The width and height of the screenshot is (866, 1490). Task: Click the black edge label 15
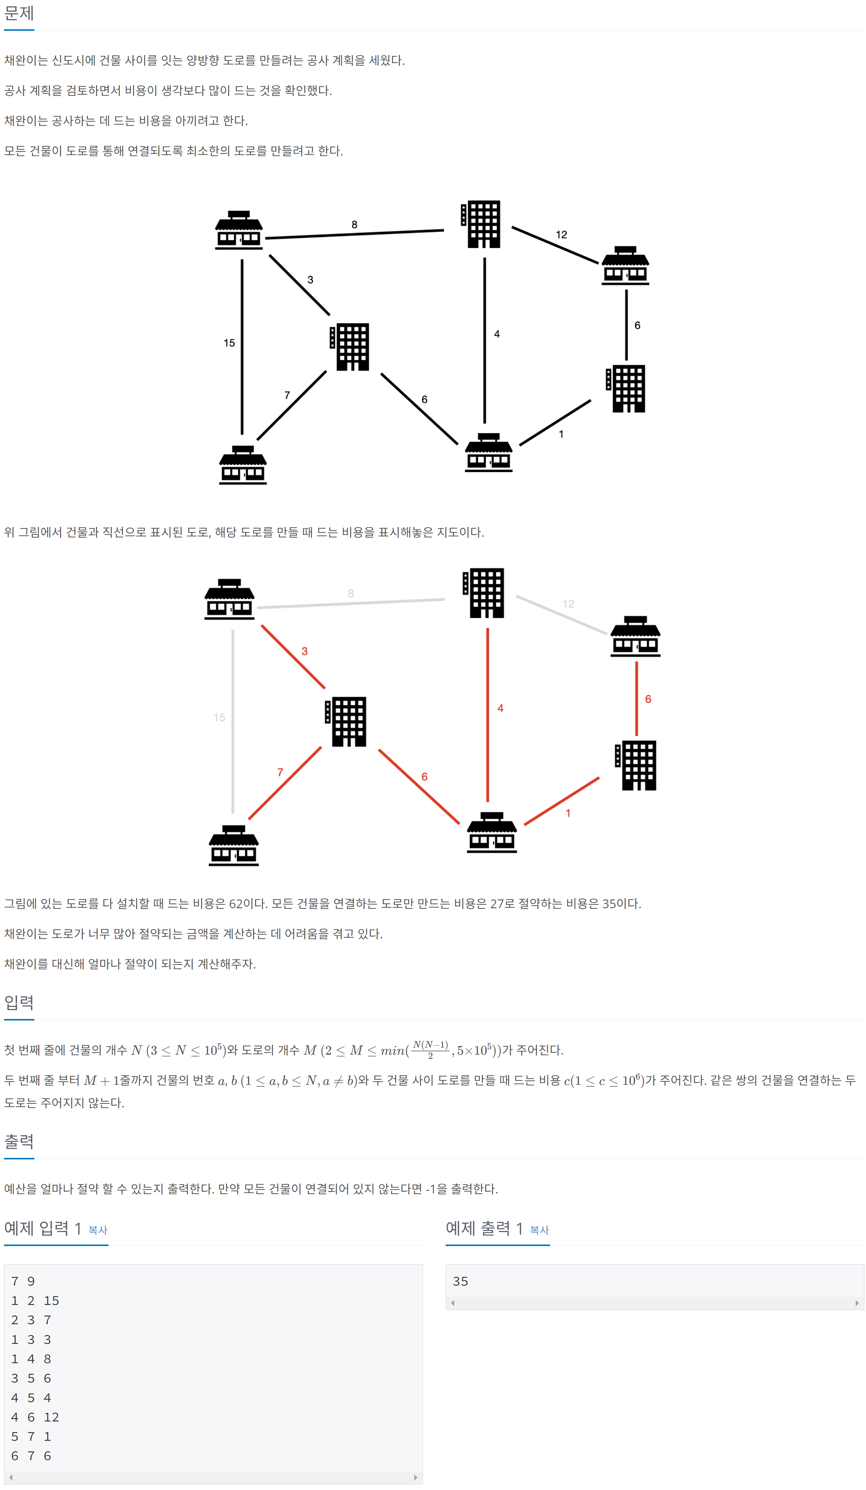tap(229, 343)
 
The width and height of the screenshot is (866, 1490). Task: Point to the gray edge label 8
tap(351, 593)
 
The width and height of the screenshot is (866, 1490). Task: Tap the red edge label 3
tap(304, 651)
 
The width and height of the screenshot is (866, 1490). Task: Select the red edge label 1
tap(568, 813)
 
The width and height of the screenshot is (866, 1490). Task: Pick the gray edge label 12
tap(568, 604)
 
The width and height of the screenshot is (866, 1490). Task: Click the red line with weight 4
tap(488, 716)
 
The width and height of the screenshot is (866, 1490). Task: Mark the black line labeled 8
tap(355, 234)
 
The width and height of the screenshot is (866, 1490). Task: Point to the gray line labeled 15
tap(233, 721)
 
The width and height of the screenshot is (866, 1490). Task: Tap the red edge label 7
tap(280, 772)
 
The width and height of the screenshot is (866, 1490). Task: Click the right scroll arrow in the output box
tap(857, 1303)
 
